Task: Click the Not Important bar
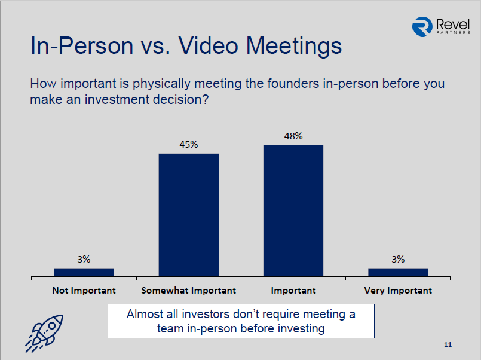[x=84, y=272]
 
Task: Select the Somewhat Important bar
[x=189, y=215]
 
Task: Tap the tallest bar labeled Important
[x=293, y=211]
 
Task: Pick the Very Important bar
[x=398, y=272]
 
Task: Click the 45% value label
[x=189, y=144]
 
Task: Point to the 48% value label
[x=293, y=136]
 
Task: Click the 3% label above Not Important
[x=84, y=260]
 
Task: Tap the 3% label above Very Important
[x=398, y=260]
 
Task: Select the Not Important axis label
[x=84, y=291]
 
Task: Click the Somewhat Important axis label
[x=189, y=291]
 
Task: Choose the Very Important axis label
[x=398, y=291]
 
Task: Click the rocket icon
[x=44, y=333]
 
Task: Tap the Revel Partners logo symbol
[x=422, y=27]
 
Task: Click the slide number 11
[x=448, y=344]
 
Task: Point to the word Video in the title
[x=209, y=45]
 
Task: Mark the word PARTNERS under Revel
[x=453, y=32]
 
